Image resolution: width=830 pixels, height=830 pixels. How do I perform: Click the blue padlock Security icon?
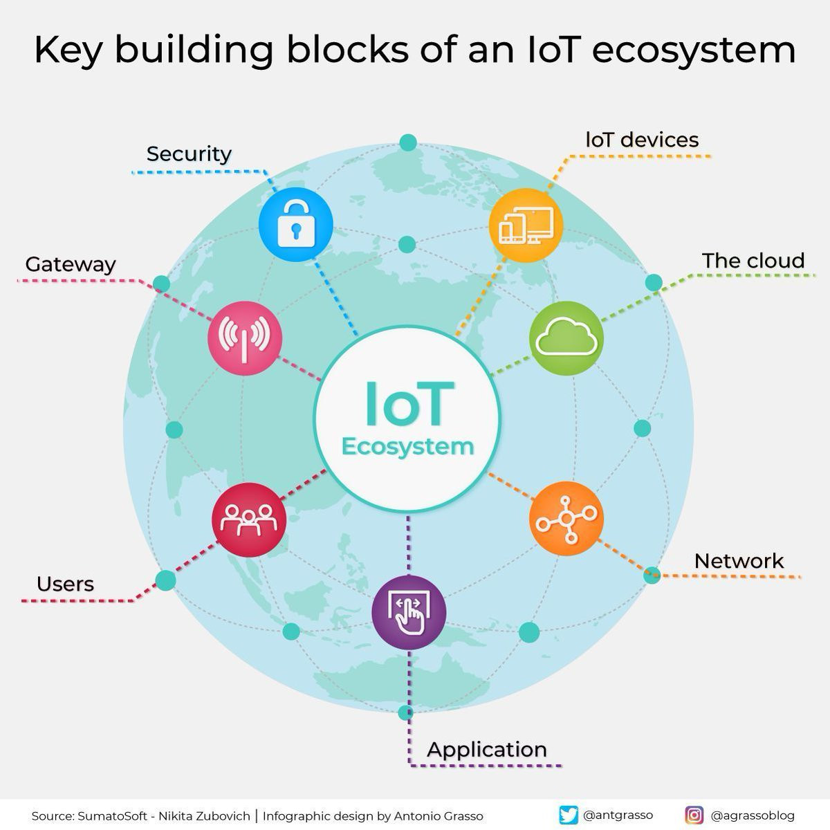pyautogui.click(x=296, y=224)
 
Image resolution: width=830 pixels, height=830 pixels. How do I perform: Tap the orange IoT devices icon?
pyautogui.click(x=526, y=225)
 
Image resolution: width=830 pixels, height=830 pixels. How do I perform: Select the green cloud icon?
pyautogui.click(x=566, y=338)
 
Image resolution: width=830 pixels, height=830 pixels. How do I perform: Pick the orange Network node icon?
pyautogui.click(x=566, y=519)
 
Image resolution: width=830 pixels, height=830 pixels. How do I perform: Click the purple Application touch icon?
pyautogui.click(x=409, y=612)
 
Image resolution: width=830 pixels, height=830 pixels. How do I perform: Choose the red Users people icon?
pyautogui.click(x=249, y=519)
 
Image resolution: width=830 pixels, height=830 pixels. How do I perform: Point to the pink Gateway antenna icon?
pyautogui.click(x=245, y=338)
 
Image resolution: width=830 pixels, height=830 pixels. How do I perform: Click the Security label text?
pyautogui.click(x=189, y=154)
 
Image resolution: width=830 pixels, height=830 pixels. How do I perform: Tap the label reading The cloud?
pyautogui.click(x=753, y=261)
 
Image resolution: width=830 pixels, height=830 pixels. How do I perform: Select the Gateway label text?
pyautogui.click(x=71, y=265)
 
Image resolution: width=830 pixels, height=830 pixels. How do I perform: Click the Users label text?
pyautogui.click(x=66, y=584)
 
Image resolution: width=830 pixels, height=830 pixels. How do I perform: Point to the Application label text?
pyautogui.click(x=487, y=750)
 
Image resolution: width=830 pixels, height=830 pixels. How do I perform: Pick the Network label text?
pyautogui.click(x=739, y=561)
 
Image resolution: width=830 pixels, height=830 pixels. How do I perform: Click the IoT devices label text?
pyautogui.click(x=642, y=140)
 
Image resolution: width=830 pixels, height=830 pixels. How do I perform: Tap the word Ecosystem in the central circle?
pyautogui.click(x=408, y=447)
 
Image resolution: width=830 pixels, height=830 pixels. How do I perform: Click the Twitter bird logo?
pyautogui.click(x=569, y=815)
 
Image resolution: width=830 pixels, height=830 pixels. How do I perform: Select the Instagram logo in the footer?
pyautogui.click(x=694, y=815)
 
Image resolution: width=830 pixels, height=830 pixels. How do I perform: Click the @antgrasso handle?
pyautogui.click(x=618, y=815)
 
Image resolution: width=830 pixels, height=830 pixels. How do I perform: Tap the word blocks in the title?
pyautogui.click(x=348, y=50)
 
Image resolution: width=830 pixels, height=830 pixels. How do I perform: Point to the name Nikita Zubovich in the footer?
pyautogui.click(x=205, y=816)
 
